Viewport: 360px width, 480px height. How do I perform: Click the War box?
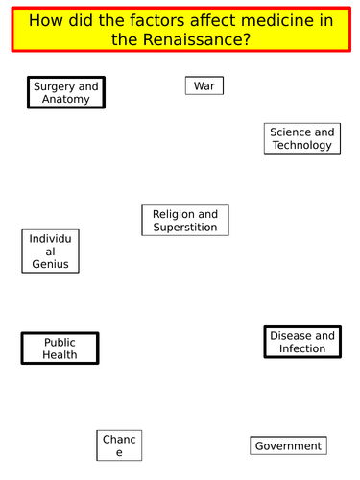tap(204, 86)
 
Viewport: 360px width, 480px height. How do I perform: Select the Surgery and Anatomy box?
tap(65, 93)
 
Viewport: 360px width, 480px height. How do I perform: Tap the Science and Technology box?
tap(301, 138)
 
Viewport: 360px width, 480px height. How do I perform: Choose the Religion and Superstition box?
tap(185, 221)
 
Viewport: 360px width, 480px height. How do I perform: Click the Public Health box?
tap(60, 348)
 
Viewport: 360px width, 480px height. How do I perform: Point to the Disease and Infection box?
tap(302, 343)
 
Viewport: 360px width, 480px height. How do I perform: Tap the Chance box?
tap(120, 445)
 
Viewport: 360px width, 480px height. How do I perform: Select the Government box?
tap(288, 445)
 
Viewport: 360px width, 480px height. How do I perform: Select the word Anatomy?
tap(66, 100)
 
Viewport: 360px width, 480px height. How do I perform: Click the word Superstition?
tap(185, 228)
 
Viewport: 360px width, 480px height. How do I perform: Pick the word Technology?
tap(301, 145)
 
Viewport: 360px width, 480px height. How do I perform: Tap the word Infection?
tap(302, 349)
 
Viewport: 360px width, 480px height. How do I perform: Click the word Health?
tap(60, 355)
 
